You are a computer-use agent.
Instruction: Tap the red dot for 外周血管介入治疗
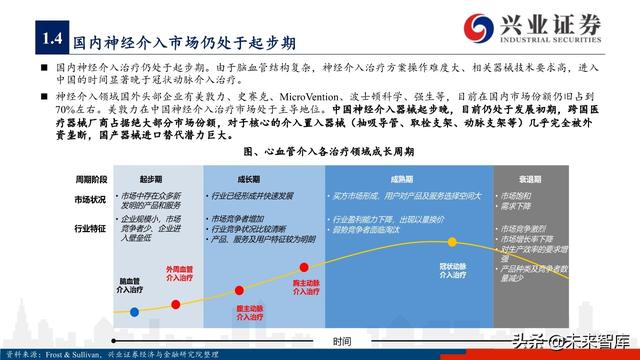click(x=185, y=265)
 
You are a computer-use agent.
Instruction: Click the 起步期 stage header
click(x=151, y=176)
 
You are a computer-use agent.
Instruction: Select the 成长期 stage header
click(x=236, y=176)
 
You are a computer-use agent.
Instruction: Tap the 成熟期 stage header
click(x=408, y=176)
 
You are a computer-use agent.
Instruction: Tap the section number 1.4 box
click(x=51, y=40)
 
